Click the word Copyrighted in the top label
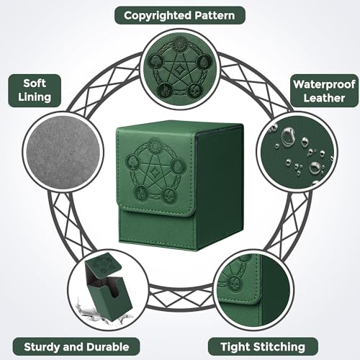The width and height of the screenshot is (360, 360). click(158, 16)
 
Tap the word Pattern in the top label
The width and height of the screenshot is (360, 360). click(215, 15)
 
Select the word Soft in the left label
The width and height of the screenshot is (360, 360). click(35, 84)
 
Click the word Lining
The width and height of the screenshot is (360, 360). click(35, 97)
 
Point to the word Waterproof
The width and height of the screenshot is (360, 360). click(324, 84)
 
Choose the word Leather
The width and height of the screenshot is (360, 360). click(324, 98)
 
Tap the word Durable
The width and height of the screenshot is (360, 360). click(108, 347)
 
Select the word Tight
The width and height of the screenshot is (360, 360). click(235, 347)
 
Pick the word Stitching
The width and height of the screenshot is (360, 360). click(279, 347)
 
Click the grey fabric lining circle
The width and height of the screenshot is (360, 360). click(63, 152)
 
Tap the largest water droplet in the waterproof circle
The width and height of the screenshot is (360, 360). click(287, 137)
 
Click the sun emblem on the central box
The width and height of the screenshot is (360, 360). click(154, 145)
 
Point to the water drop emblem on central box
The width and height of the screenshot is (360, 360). click(178, 165)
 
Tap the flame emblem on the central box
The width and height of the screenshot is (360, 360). click(140, 192)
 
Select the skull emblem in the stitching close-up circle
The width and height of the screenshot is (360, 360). click(234, 282)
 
